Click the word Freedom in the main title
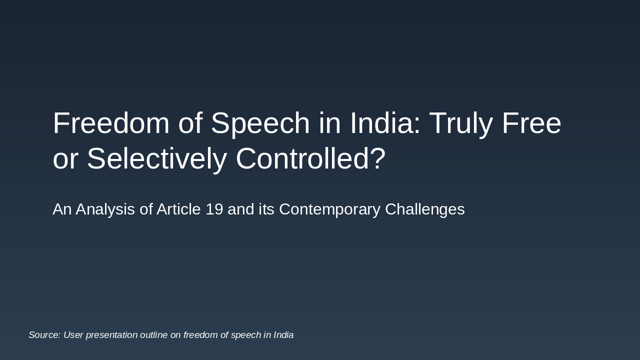(111, 123)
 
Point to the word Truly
(461, 123)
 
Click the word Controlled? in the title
(310, 159)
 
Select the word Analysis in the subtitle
(105, 209)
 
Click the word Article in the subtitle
(178, 209)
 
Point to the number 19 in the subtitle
(214, 209)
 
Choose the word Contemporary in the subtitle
(329, 209)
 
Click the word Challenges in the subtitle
(424, 209)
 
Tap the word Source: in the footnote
(44, 335)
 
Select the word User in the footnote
(73, 335)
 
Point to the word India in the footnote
(283, 335)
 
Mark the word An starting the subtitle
(62, 209)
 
